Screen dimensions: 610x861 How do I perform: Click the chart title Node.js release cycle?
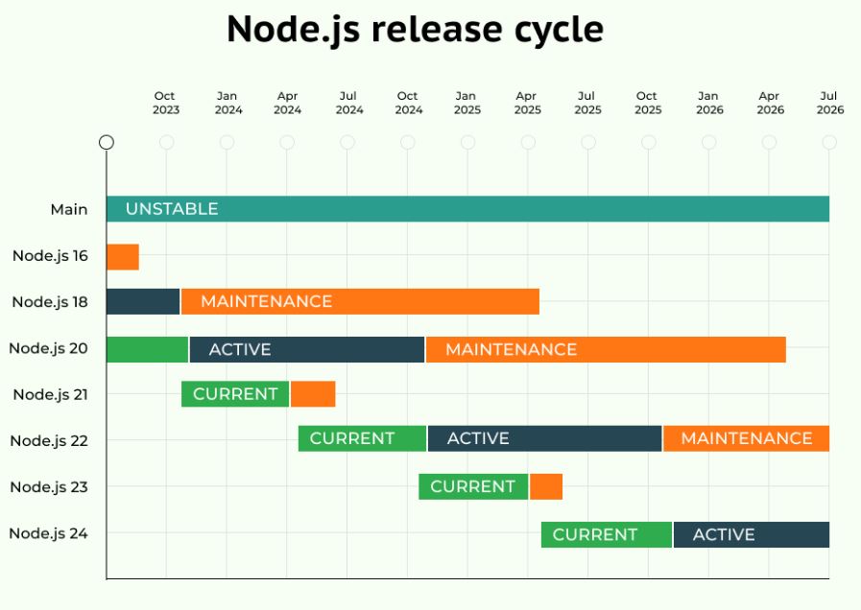coord(415,30)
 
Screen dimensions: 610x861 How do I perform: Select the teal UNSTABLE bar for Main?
coord(467,209)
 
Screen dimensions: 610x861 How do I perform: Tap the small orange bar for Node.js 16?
coord(123,257)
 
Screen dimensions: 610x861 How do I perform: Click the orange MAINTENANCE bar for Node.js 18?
coord(360,301)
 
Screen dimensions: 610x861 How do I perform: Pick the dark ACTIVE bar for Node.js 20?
coord(307,349)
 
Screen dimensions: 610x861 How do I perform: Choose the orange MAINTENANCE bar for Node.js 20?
coord(606,349)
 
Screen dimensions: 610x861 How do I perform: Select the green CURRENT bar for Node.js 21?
coord(235,394)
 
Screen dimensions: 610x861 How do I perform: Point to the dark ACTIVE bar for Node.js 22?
coord(544,438)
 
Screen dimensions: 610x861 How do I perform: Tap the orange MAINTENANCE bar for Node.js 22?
coord(746,438)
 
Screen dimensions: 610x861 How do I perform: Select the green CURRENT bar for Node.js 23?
coord(473,486)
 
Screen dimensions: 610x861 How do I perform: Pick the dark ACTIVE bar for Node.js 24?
coord(752,534)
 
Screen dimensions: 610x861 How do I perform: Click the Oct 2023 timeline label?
coord(165,103)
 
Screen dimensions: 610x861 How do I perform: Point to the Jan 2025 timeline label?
coord(467,103)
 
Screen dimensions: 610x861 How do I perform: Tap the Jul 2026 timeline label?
coord(829,103)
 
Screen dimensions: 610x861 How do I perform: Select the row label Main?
coord(69,209)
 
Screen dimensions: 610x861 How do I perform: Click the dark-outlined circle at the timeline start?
coord(107,142)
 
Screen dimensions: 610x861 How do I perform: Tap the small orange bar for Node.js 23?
coord(546,486)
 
